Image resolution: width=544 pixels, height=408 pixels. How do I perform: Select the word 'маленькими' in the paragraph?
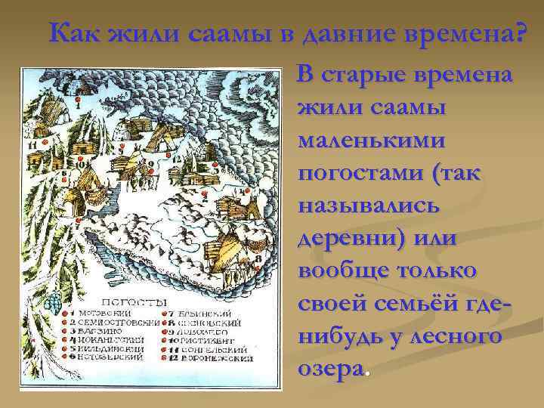coord(371,141)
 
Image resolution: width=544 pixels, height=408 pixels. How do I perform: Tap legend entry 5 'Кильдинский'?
coord(107,349)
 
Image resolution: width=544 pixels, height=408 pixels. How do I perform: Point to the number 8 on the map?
coord(259,258)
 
